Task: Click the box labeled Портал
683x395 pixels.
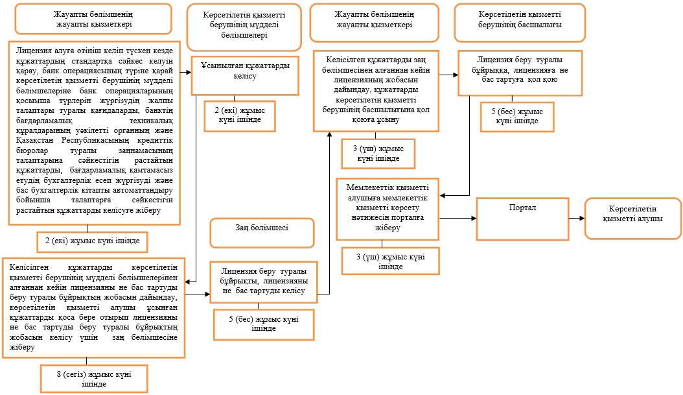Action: point(522,219)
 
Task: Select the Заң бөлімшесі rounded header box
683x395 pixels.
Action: point(262,233)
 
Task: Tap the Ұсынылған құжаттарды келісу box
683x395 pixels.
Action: point(245,75)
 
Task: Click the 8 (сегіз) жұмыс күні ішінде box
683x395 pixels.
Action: point(94,379)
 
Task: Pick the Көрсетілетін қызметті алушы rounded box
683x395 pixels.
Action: point(633,219)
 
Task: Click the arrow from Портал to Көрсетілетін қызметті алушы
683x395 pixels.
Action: point(577,218)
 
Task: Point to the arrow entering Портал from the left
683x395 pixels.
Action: point(457,218)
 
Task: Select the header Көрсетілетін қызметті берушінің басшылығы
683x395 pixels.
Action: point(520,23)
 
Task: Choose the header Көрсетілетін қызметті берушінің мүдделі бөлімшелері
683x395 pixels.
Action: point(244,27)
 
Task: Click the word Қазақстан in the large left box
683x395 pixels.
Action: point(35,140)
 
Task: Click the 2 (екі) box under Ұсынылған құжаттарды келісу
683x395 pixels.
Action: point(240,116)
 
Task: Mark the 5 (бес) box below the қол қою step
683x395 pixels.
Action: point(517,117)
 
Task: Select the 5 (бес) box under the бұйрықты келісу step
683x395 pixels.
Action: point(264,324)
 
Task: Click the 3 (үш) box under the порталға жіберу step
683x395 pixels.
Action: point(390,261)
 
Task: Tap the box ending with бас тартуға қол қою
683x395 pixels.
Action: point(520,73)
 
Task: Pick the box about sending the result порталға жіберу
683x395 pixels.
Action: point(388,209)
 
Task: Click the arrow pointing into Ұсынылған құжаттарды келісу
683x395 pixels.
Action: point(185,73)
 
